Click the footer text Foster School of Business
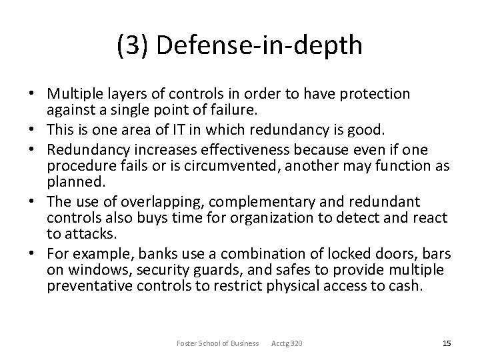(217, 343)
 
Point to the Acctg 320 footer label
(287, 343)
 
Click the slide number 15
(447, 343)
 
